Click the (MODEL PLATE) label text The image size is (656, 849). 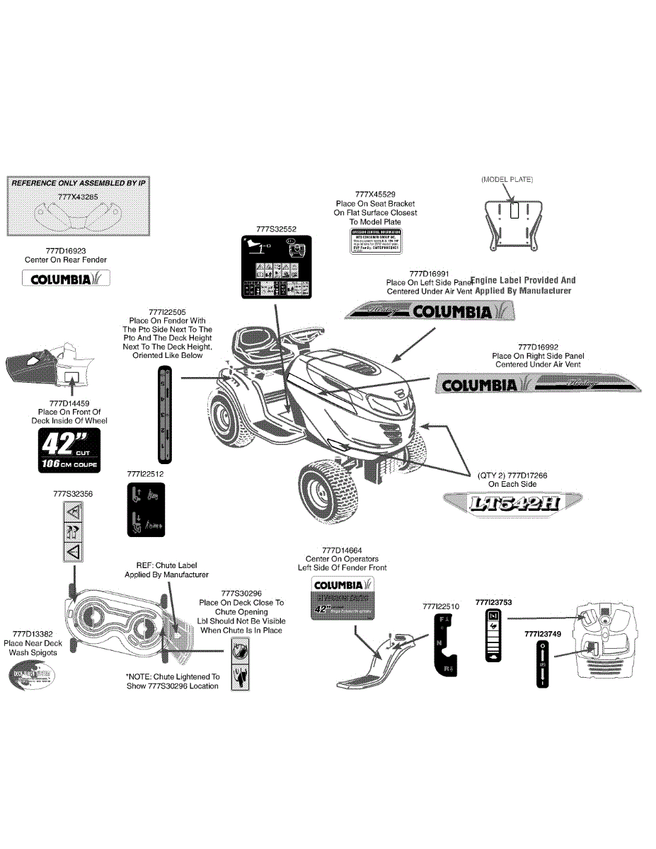coord(507,179)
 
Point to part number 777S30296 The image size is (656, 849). coord(241,593)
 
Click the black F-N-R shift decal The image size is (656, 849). coord(444,645)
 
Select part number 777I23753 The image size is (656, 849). coord(494,602)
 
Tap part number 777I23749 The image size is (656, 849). coord(543,635)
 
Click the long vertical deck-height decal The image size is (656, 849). coord(163,418)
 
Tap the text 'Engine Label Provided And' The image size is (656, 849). coord(522,280)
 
